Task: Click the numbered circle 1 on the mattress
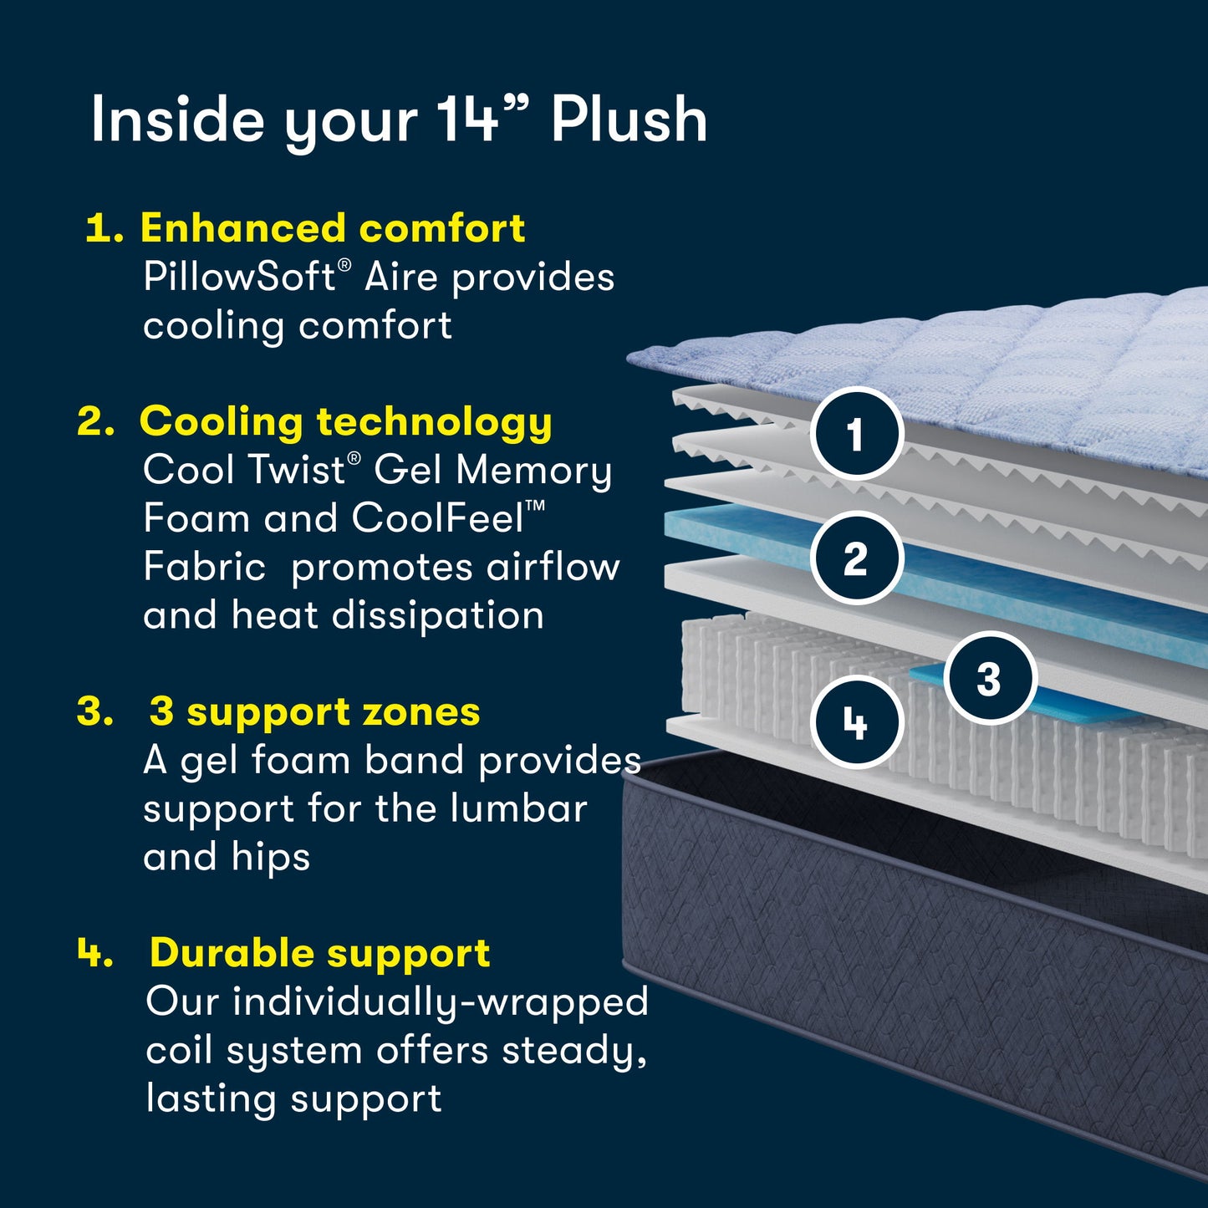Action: (856, 434)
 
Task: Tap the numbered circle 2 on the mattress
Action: (856, 558)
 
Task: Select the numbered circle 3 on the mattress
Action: (990, 678)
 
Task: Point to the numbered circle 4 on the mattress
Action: (856, 722)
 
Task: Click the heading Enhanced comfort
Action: (332, 228)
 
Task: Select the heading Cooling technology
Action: (345, 421)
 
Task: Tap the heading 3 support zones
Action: (314, 712)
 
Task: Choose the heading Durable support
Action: (319, 953)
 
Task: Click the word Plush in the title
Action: (629, 120)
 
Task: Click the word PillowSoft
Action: (240, 277)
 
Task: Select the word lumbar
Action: (518, 808)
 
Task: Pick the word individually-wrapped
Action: (440, 1002)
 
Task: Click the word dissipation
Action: (438, 616)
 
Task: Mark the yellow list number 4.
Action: (94, 952)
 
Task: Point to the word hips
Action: (271, 858)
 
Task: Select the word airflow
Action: (553, 567)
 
